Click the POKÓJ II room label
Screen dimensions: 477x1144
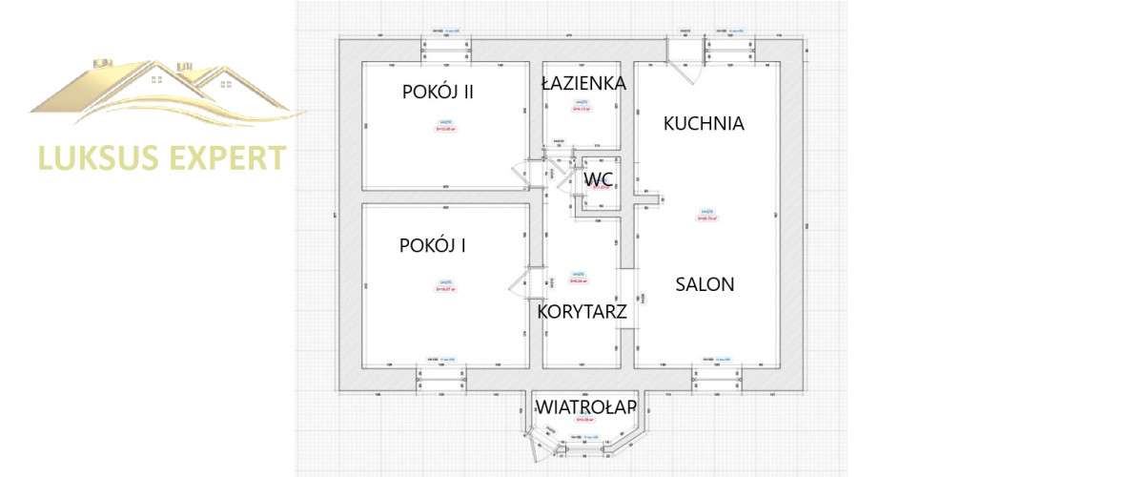pyautogui.click(x=439, y=92)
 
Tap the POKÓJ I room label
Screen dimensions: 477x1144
pyautogui.click(x=432, y=245)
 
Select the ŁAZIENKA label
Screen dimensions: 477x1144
pyautogui.click(x=583, y=83)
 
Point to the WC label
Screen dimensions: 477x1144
pyautogui.click(x=597, y=178)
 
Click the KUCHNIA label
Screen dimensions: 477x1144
pyautogui.click(x=704, y=123)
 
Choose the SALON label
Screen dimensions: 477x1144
pyautogui.click(x=705, y=283)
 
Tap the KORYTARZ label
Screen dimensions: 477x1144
pyautogui.click(x=582, y=311)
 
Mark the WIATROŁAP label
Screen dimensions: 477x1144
pyautogui.click(x=585, y=407)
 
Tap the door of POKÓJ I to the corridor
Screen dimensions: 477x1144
pyautogui.click(x=522, y=284)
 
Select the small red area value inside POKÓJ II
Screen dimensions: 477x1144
pyautogui.click(x=445, y=130)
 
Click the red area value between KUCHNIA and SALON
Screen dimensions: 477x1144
pyautogui.click(x=706, y=218)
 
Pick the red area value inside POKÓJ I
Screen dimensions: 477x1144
pyautogui.click(x=445, y=288)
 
